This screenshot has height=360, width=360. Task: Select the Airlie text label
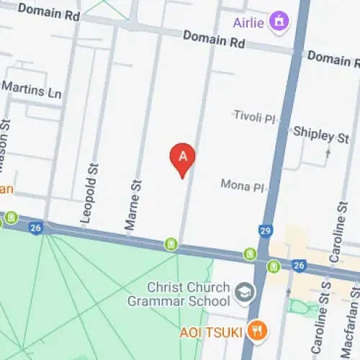[248, 22]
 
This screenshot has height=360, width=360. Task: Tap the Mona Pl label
[243, 186]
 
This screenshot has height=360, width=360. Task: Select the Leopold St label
[91, 192]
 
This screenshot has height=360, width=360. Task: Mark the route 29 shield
[265, 230]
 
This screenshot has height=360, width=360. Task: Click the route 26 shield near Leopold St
[35, 228]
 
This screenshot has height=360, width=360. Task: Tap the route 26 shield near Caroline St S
[300, 266]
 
